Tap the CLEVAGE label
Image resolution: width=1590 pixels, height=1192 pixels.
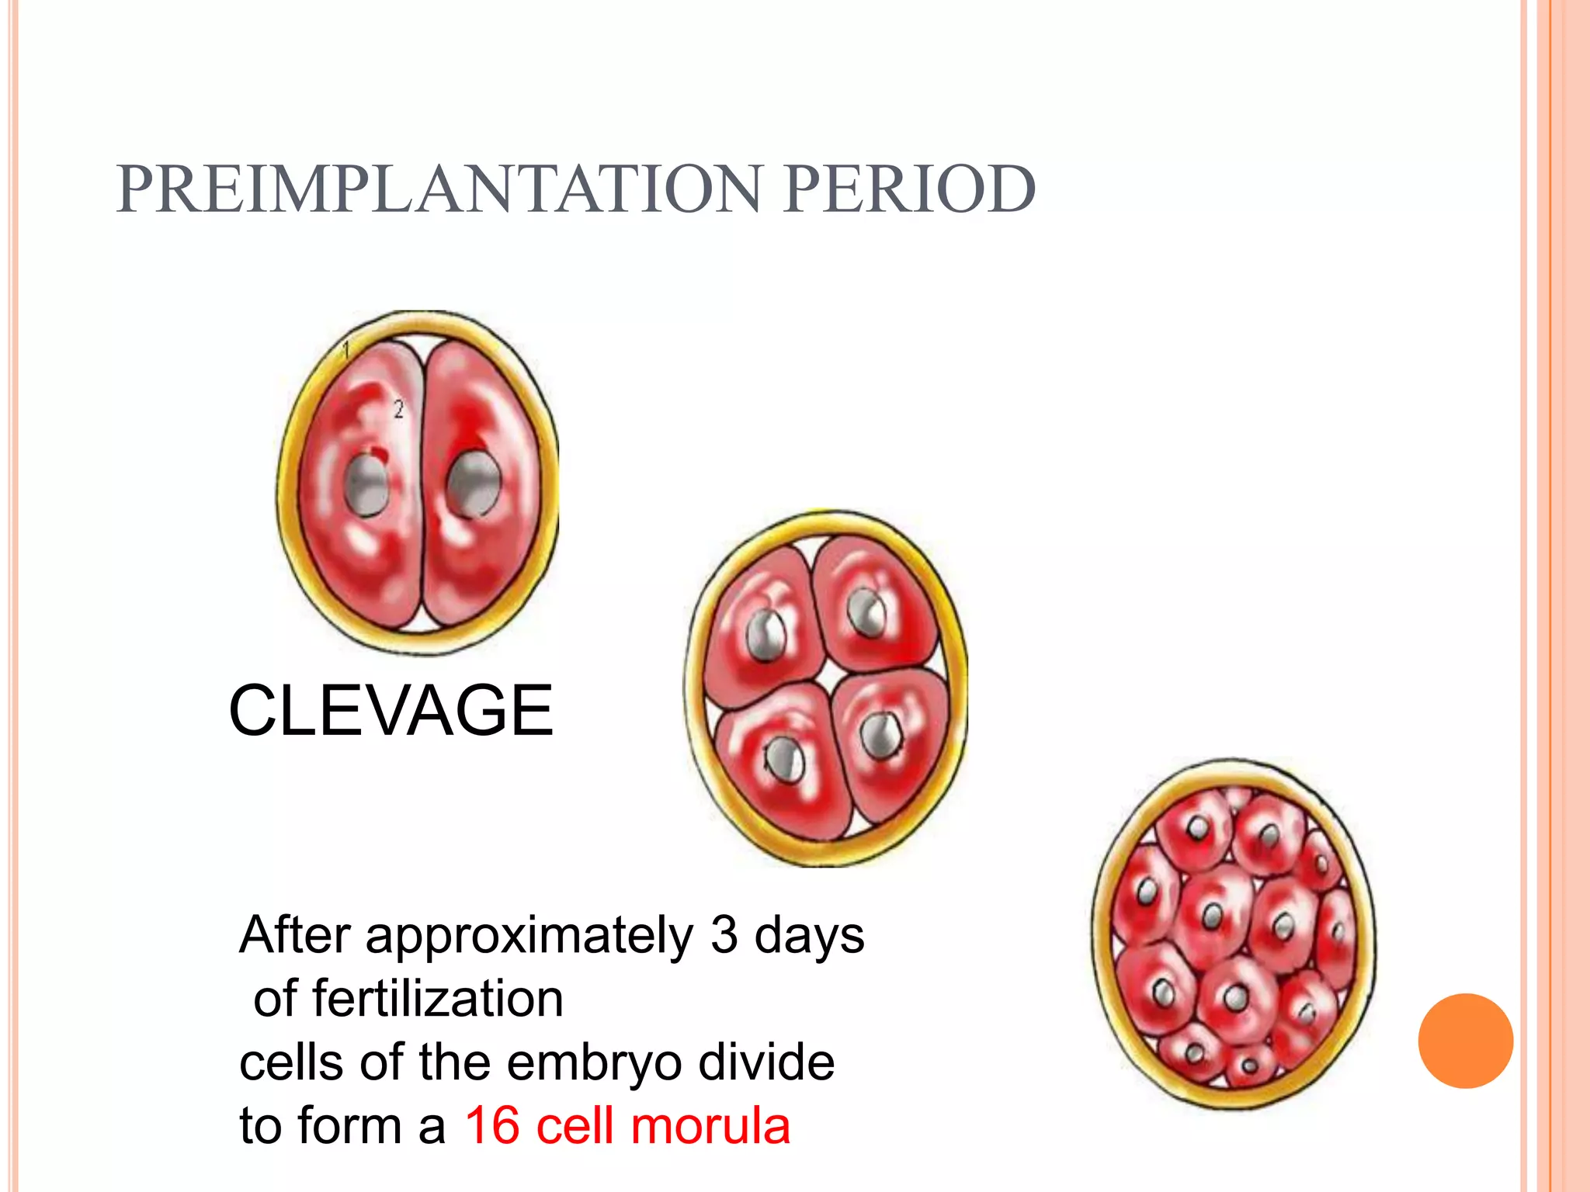tap(391, 710)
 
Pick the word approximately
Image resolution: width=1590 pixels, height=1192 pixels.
tap(529, 934)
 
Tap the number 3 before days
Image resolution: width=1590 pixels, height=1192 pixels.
tap(724, 934)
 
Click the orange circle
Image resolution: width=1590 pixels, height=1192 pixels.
tap(1465, 1041)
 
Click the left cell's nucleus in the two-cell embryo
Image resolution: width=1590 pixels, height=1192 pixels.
tap(366, 485)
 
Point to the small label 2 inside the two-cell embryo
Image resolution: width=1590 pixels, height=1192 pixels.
tap(398, 409)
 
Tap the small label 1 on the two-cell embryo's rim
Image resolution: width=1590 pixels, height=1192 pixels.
tap(347, 349)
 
